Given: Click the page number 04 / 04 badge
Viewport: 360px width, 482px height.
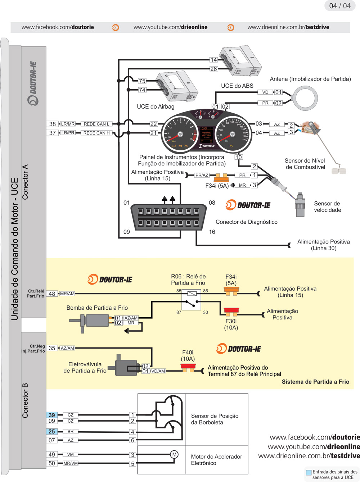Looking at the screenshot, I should (339, 6).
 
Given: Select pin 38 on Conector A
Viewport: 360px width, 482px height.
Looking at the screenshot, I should (53, 124).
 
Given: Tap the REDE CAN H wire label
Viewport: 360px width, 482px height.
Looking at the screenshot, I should (96, 133).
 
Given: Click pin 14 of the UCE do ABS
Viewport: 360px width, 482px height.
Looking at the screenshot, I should (213, 60).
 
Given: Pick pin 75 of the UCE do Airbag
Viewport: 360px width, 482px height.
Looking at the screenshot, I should (142, 81).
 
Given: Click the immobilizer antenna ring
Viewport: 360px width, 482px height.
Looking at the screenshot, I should (305, 98).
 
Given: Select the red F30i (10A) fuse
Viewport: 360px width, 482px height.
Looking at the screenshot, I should (231, 311).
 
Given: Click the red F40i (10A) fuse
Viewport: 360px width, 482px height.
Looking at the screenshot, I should (188, 368).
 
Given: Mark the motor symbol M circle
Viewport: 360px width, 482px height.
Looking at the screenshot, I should (174, 455).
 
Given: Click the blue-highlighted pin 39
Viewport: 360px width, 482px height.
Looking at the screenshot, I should (52, 415).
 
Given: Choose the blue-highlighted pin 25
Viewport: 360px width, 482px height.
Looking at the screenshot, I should (52, 432).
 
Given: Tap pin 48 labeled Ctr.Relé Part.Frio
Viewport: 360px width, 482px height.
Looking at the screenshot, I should (52, 294).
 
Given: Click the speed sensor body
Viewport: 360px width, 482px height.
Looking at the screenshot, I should (300, 205).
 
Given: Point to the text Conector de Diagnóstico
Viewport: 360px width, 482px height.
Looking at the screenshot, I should (246, 222).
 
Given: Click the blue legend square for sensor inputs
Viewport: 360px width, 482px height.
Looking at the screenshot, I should (309, 472).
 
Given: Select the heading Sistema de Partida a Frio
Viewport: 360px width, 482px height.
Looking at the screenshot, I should (315, 382).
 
